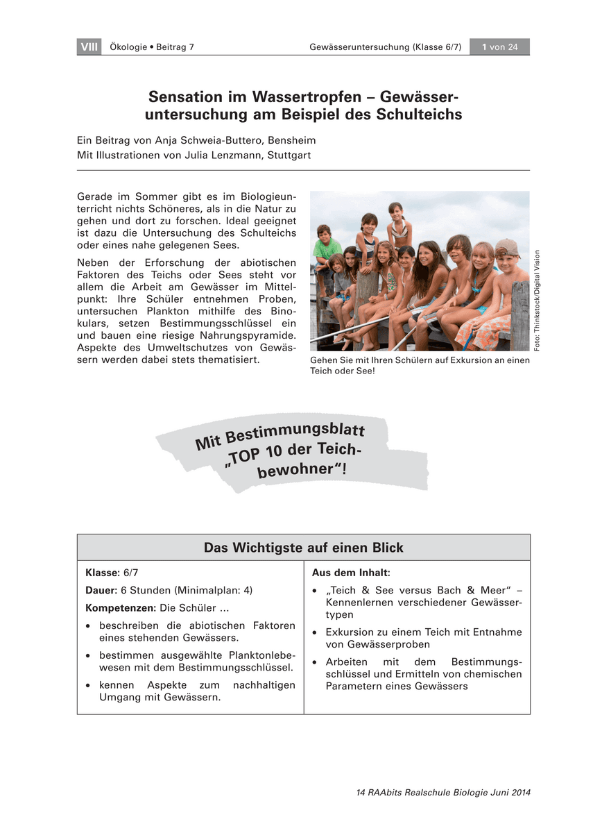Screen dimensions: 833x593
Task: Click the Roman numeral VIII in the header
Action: click(x=89, y=47)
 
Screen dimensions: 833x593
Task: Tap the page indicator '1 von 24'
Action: click(x=499, y=47)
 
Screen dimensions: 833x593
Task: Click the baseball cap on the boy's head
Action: click(x=507, y=248)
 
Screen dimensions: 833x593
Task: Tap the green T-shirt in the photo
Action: click(x=327, y=248)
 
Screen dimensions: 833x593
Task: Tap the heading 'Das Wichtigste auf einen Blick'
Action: click(x=303, y=548)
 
